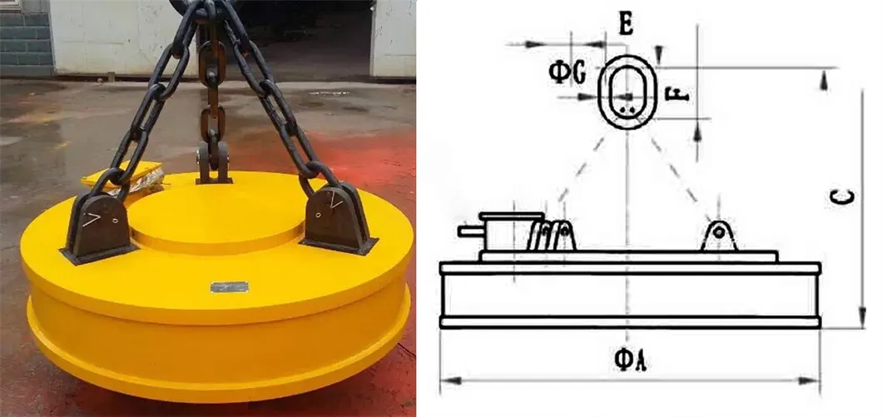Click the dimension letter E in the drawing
pyautogui.click(x=626, y=25)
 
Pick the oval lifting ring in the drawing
pyautogui.click(x=628, y=92)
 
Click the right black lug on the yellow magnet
pyautogui.click(x=336, y=218)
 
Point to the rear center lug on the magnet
pyautogui.click(x=214, y=162)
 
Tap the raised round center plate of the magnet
pyautogui.click(x=218, y=212)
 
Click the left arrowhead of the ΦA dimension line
pyautogui.click(x=445, y=380)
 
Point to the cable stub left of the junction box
pyautogui.click(x=468, y=230)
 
